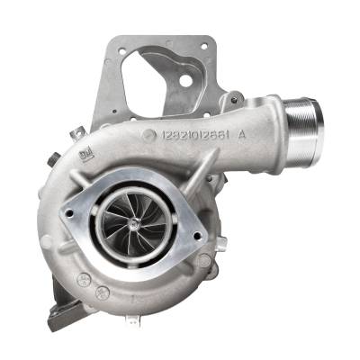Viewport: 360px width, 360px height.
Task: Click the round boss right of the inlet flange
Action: (208, 261)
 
